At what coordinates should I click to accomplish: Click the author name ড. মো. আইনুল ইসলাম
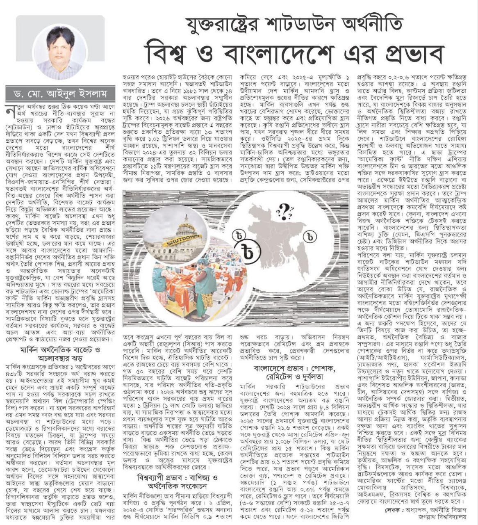(x=62, y=94)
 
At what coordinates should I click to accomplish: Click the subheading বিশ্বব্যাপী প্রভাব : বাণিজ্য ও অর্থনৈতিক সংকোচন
(x=178, y=482)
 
